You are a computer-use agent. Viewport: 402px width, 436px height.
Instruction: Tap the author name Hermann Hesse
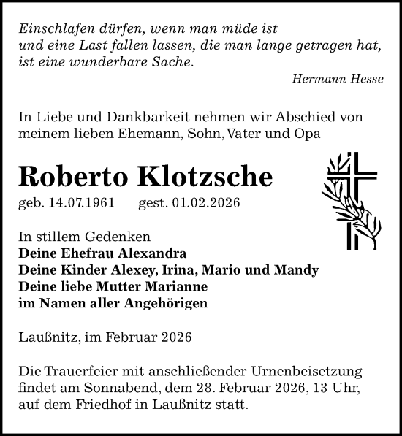point(337,80)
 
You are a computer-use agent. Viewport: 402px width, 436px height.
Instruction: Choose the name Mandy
point(297,270)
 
